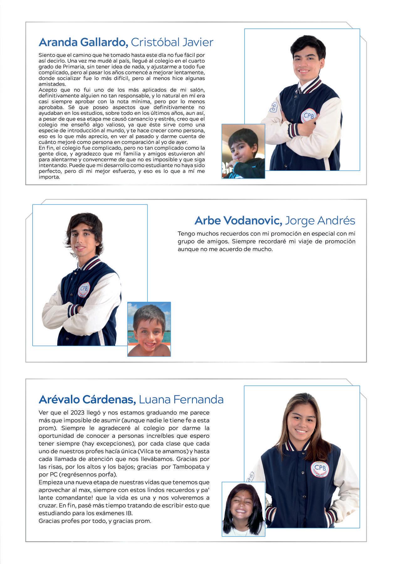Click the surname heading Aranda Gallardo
83,42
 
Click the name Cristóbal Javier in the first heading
172,42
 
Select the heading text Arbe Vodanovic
238,220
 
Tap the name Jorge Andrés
320,220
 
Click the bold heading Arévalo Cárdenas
87,399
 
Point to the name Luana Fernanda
181,399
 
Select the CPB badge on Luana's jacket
320,469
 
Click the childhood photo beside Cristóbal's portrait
243,151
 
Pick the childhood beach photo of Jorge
149,329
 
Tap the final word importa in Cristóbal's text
49,177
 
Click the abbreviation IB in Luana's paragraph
129,513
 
